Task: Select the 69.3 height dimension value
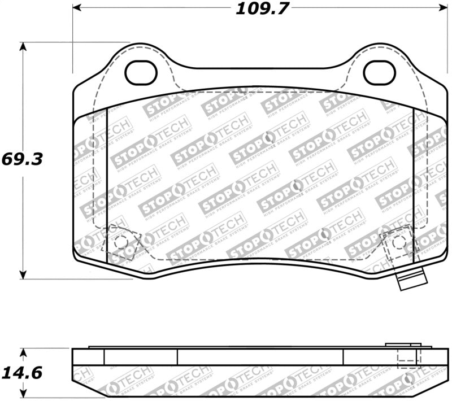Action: pos(23,159)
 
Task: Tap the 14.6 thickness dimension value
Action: pos(23,373)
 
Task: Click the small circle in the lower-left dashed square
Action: pos(120,242)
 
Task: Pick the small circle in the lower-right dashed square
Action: pos(398,241)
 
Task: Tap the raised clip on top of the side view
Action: pos(402,345)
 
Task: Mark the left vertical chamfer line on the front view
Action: pos(107,186)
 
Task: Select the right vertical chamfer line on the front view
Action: pos(414,186)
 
